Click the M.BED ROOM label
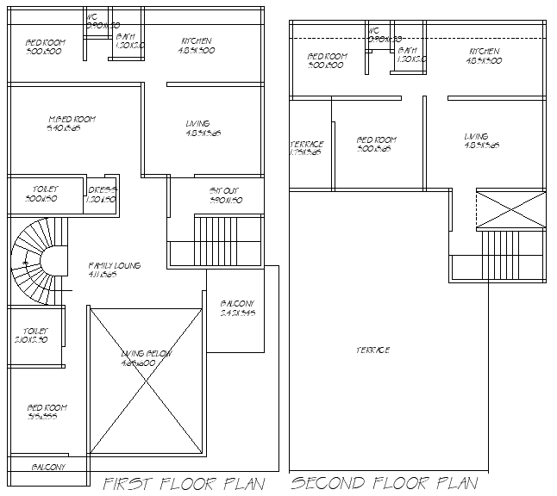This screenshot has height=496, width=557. coord(71,119)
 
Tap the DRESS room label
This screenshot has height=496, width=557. coord(102,189)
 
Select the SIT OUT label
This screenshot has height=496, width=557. coord(225,190)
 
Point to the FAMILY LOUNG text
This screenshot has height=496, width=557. coord(114,266)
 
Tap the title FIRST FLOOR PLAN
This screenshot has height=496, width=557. coord(183,483)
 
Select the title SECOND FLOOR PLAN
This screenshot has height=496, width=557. coord(385,483)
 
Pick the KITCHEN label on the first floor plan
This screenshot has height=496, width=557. coord(197,41)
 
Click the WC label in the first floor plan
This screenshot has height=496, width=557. coord(92,17)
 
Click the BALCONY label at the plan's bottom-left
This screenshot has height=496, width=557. coord(48,467)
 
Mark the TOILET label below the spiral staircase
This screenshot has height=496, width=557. coord(35,331)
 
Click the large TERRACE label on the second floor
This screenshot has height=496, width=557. coord(372,350)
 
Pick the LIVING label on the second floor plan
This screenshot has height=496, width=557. coord(476,137)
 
